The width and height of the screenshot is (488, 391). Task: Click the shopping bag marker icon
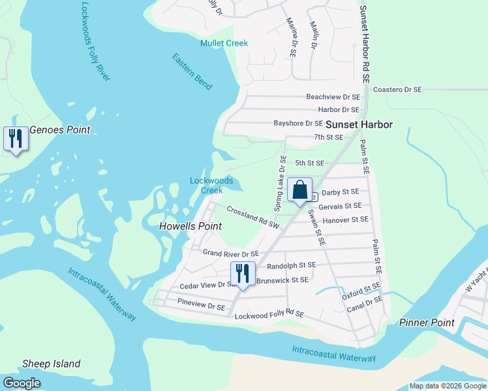click(x=299, y=190)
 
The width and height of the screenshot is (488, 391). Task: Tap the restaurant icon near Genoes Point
click(x=16, y=138)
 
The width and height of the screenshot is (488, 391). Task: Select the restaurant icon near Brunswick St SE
click(x=243, y=273)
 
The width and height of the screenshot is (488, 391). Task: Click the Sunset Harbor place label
click(x=359, y=124)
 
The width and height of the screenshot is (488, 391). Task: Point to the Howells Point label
click(x=191, y=226)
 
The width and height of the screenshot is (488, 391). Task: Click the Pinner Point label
click(x=427, y=323)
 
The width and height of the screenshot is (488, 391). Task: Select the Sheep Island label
click(x=52, y=364)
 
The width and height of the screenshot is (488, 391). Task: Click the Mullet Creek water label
click(x=224, y=43)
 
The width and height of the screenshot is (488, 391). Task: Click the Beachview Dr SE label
click(x=333, y=96)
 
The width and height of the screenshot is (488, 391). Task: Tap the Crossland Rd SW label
click(x=253, y=217)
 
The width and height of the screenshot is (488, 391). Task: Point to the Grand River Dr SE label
click(x=231, y=253)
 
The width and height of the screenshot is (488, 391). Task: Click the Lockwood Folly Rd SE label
click(x=269, y=315)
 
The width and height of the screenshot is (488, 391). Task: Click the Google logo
click(x=22, y=383)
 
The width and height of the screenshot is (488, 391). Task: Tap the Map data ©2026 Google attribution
click(x=447, y=386)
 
